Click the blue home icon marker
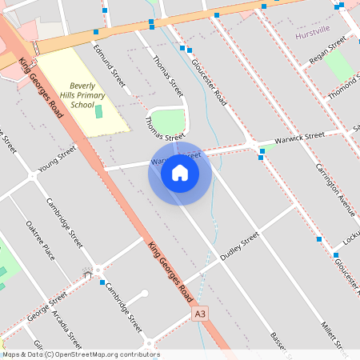tap(180, 173)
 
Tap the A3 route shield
tap(200, 316)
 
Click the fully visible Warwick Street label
tap(299, 137)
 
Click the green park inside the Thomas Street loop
tap(168, 122)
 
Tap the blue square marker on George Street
tap(102, 282)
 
